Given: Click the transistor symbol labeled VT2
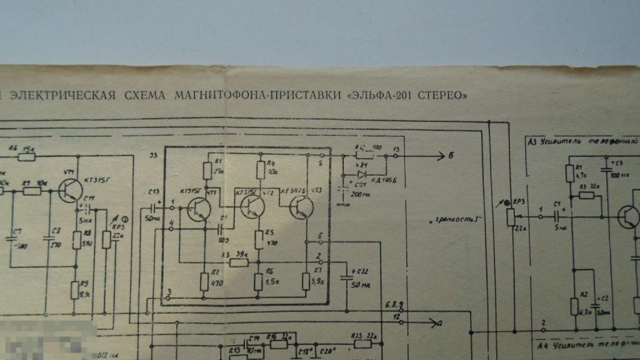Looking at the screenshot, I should click(252, 206).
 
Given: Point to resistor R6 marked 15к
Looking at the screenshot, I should click(27, 156).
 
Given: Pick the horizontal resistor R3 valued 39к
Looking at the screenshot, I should click(239, 262).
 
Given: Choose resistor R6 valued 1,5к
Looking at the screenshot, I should click(259, 282).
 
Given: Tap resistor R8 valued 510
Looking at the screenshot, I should click(75, 240).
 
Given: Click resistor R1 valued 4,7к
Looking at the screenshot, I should click(571, 172).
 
